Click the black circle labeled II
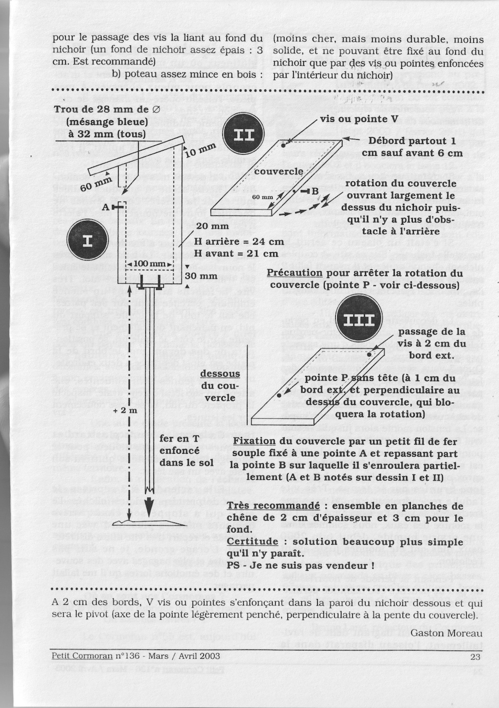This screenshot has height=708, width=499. (244, 136)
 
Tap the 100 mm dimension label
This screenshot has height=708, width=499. (149, 264)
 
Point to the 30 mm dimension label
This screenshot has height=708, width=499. (201, 276)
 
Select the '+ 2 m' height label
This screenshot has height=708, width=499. (125, 411)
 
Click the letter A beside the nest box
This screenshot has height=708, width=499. (106, 207)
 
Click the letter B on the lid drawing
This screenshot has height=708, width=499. (315, 191)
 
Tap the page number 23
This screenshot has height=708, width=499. (475, 656)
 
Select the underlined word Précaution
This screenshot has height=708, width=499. (294, 273)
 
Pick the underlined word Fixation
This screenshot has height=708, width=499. (254, 441)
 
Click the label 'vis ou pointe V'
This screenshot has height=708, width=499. (359, 119)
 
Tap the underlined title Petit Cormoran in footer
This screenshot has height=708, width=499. (82, 656)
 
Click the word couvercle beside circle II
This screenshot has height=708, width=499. (278, 171)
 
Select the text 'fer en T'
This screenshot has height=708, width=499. (180, 438)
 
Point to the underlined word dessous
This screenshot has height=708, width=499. (220, 374)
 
